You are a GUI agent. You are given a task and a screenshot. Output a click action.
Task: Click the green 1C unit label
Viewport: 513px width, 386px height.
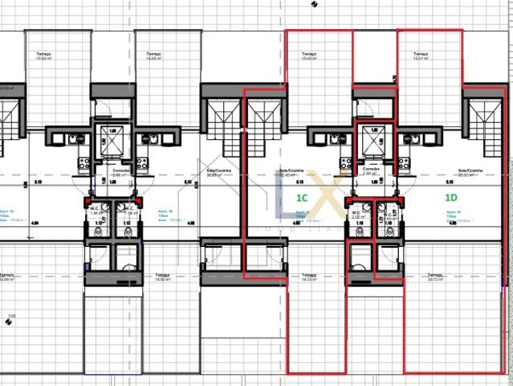tap(303, 196)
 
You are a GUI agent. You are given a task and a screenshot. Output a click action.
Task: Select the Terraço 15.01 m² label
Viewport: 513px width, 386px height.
tap(421, 56)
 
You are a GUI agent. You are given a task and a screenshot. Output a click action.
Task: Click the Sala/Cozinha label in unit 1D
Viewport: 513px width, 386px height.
tap(469, 172)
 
